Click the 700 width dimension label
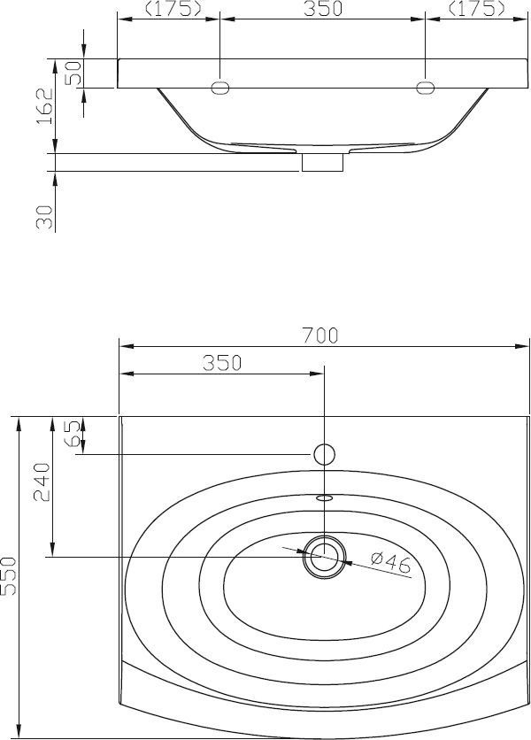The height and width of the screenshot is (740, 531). click(x=320, y=335)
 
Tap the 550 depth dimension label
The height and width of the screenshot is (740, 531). click(x=9, y=576)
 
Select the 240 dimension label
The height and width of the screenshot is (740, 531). click(x=42, y=482)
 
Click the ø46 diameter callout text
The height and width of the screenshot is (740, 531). click(x=391, y=563)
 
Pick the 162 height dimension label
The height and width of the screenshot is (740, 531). click(x=45, y=106)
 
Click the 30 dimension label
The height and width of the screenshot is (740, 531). click(x=45, y=217)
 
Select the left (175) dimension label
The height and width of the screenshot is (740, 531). click(x=173, y=9)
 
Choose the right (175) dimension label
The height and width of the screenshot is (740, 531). click(x=476, y=9)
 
